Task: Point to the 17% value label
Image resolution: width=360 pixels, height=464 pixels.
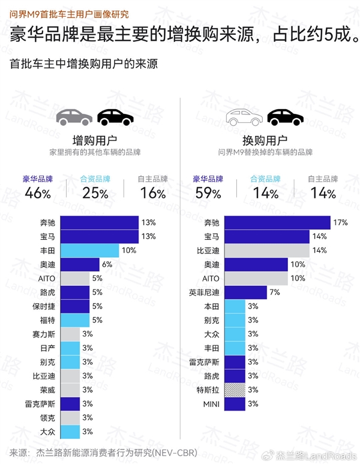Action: (x=341, y=222)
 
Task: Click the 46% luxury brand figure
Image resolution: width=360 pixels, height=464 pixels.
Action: (x=38, y=193)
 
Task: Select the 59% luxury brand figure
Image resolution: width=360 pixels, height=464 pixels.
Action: (x=207, y=193)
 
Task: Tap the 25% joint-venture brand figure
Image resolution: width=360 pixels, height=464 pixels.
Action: (x=95, y=193)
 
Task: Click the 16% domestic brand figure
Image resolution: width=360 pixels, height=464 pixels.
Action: (x=152, y=193)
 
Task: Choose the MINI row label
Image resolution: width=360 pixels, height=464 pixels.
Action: (x=212, y=404)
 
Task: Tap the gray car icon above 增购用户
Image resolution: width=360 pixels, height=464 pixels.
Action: (x=74, y=117)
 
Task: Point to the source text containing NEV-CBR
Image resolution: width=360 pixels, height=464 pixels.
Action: (x=105, y=453)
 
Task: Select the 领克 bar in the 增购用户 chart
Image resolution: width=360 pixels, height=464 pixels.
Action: (x=70, y=418)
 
